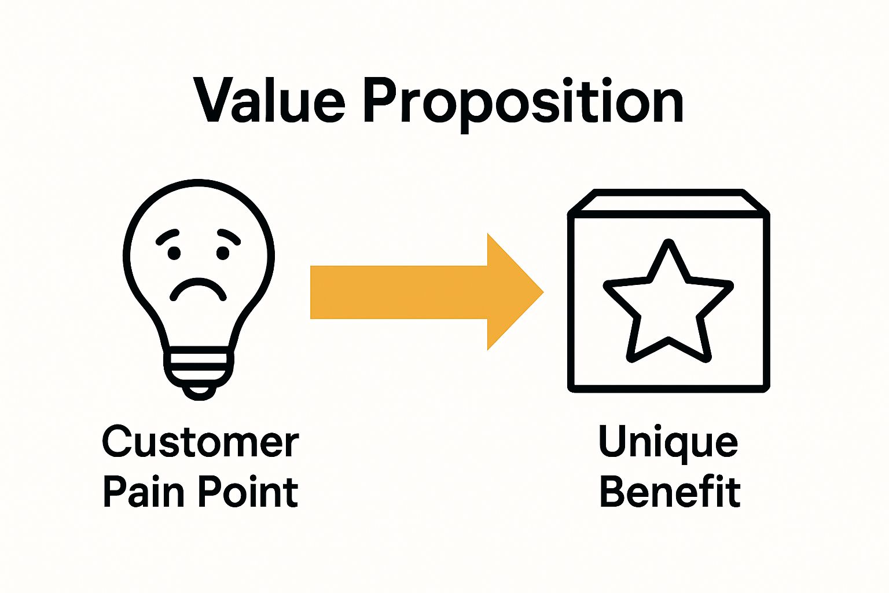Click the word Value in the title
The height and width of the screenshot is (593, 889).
(270, 101)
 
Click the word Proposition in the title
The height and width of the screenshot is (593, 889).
(524, 103)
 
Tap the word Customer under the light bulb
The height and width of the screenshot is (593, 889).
(200, 442)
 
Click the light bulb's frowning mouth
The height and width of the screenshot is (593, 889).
(198, 288)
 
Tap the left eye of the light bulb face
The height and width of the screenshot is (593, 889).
(174, 253)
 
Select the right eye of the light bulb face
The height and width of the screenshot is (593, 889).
(223, 253)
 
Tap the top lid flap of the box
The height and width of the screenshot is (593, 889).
(668, 202)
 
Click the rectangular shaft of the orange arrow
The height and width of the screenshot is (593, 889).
(399, 292)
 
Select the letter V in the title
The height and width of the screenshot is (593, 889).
(216, 101)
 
